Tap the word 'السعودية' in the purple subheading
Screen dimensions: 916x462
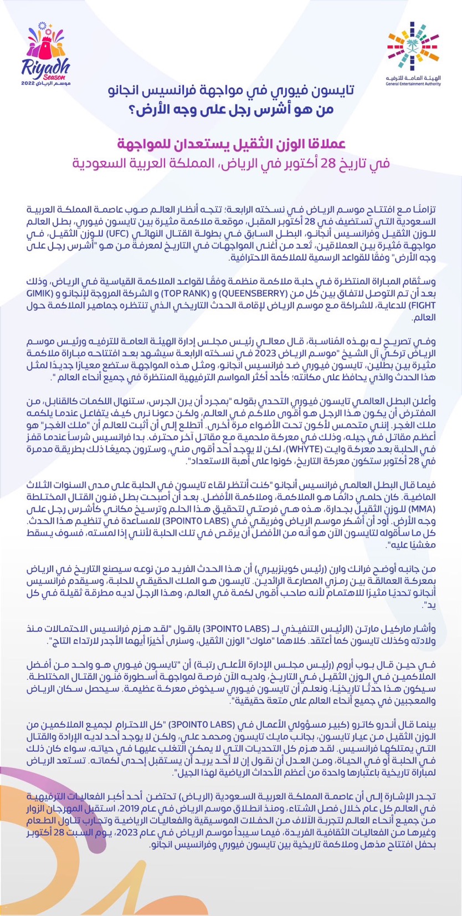[104, 164]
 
